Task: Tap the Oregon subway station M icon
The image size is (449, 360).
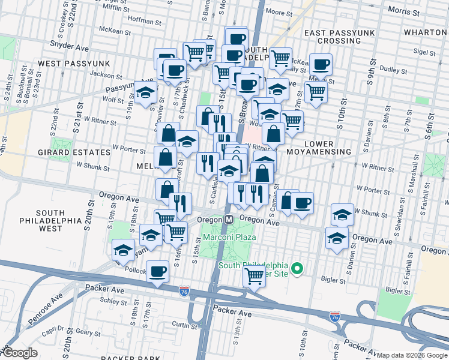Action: pyautogui.click(x=229, y=220)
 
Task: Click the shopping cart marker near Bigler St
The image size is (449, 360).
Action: pyautogui.click(x=255, y=276)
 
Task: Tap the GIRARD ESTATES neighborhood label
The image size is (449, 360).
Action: pyautogui.click(x=82, y=152)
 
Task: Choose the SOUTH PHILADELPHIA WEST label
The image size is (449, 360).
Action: pyautogui.click(x=58, y=221)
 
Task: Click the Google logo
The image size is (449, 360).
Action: pyautogui.click(x=19, y=353)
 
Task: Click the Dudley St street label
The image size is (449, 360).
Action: pyautogui.click(x=394, y=70)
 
